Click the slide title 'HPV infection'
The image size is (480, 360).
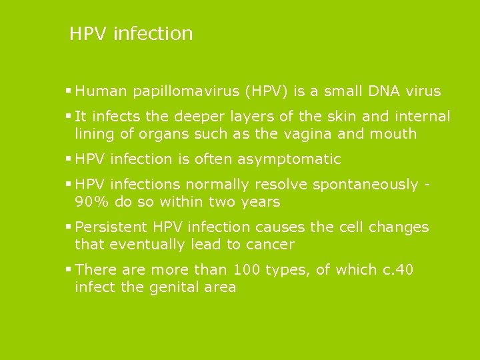[131, 33]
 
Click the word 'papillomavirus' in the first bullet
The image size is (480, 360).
[180, 91]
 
